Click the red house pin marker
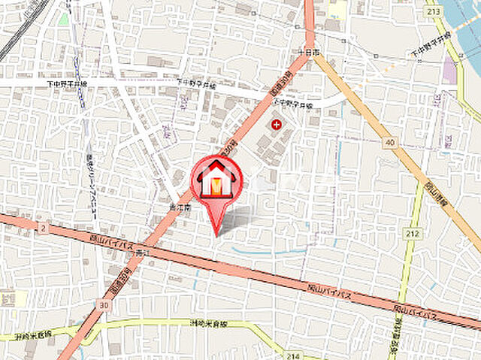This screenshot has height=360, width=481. click(217, 180)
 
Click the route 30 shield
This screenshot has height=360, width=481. click(102, 305)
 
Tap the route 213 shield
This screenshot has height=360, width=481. click(454, 11)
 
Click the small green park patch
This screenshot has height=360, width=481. click(64, 19)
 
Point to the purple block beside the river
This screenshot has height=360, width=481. click(449, 71)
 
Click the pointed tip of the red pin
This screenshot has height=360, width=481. click(217, 234)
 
